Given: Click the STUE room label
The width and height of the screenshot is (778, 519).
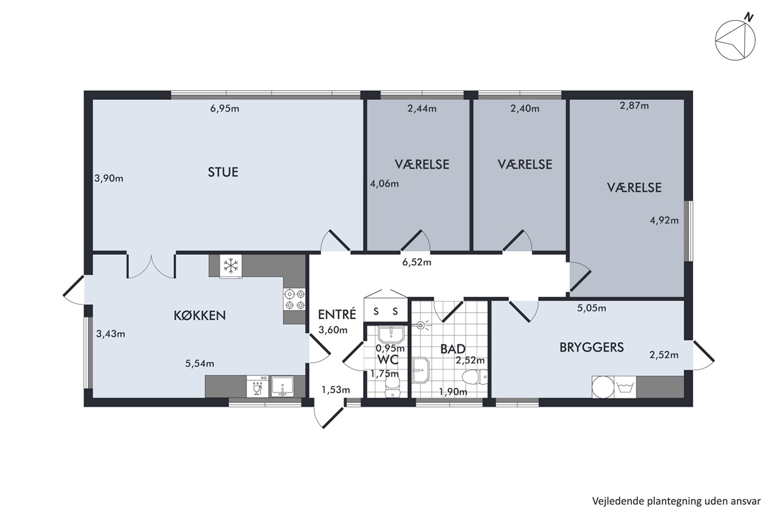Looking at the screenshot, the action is (223, 172).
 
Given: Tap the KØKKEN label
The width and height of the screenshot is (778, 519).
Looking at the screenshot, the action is (200, 315).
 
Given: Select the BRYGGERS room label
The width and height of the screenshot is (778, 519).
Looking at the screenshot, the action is (592, 347).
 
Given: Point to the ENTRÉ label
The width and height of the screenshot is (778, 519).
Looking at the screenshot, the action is (337, 314).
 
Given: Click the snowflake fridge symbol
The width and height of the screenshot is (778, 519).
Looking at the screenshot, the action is (231, 266).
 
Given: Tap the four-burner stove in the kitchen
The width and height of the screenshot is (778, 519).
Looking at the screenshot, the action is (294, 299).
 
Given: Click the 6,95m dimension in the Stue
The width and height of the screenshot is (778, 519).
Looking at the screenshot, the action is (225, 108).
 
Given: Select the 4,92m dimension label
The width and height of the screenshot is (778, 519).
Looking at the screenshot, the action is (664, 220).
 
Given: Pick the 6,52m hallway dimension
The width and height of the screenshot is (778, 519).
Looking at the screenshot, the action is (417, 262).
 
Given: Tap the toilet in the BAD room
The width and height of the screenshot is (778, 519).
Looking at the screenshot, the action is (475, 377).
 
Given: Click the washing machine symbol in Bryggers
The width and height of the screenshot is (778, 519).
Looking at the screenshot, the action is (625, 387).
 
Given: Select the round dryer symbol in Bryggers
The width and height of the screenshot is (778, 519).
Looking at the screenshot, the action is (603, 387).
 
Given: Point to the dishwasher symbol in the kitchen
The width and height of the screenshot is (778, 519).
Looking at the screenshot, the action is (257, 386).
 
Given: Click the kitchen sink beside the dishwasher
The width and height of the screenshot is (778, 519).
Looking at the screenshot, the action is (283, 386).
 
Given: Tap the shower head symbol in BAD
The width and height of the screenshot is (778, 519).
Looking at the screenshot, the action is (421, 326).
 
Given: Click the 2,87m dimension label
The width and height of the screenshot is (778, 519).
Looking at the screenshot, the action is (634, 105).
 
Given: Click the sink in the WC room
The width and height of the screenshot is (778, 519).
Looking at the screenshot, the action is (391, 334).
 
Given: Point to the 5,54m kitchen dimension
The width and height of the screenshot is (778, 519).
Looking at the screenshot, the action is (200, 363).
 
